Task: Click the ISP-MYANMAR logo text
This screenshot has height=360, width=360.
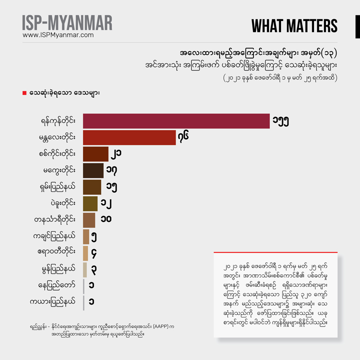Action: click(x=67, y=22)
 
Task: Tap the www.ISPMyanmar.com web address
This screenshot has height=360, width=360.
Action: click(x=58, y=35)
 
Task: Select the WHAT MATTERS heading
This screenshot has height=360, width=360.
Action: click(x=294, y=26)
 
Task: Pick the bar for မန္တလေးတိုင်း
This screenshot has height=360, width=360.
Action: click(x=129, y=137)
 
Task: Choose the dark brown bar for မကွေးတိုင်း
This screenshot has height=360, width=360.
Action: click(x=93, y=170)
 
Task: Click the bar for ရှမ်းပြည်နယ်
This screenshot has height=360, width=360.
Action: click(x=92, y=187)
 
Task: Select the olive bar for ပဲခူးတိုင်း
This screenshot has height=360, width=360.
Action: click(x=90, y=203)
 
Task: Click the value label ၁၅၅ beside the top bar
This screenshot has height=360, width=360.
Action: click(x=281, y=121)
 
